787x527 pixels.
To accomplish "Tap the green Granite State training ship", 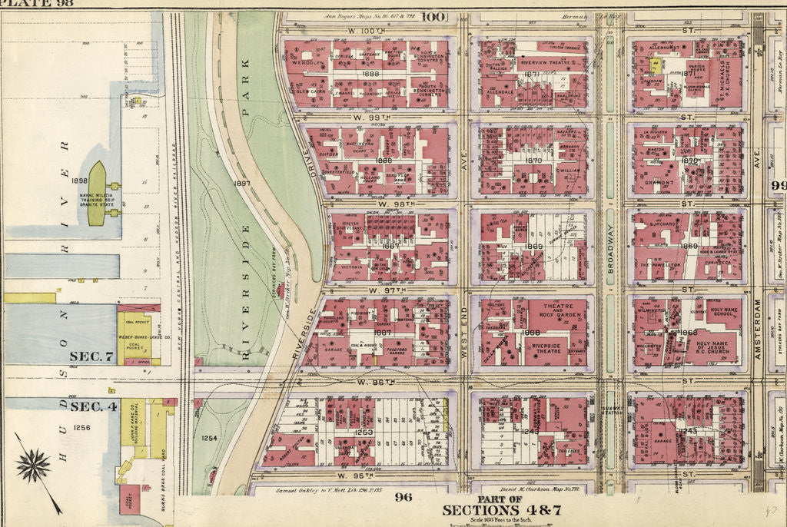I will [x=98, y=192].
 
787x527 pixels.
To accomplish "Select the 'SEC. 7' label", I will [x=91, y=356].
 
